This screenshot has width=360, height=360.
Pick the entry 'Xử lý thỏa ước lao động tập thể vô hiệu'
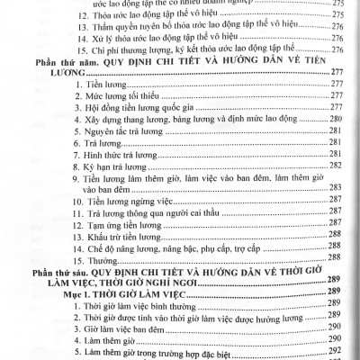(167, 39)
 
